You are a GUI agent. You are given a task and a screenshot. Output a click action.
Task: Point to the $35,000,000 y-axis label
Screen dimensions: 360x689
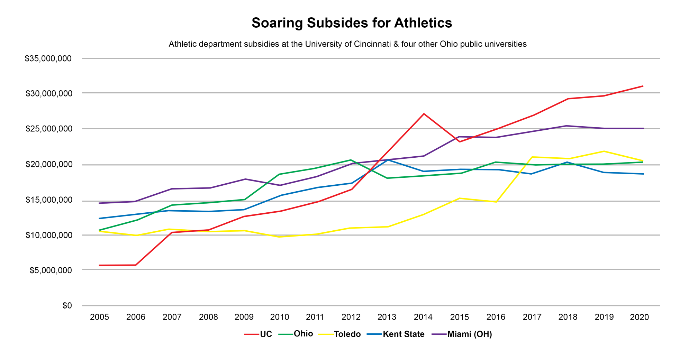click(48, 58)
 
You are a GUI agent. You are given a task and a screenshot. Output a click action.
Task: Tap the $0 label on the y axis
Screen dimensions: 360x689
click(67, 306)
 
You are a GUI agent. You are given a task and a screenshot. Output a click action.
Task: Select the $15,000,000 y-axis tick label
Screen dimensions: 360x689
click(49, 200)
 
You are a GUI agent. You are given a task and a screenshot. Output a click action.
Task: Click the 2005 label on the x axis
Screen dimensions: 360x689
click(99, 317)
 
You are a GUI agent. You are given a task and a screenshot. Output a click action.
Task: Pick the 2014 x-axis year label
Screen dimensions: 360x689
click(423, 317)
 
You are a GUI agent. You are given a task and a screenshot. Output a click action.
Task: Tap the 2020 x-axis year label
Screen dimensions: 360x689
click(639, 317)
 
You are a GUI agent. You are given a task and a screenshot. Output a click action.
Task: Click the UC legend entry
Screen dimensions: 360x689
click(266, 334)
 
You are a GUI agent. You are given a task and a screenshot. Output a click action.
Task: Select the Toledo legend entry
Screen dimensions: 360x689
click(347, 334)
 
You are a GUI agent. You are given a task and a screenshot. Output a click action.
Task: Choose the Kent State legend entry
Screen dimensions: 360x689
click(404, 334)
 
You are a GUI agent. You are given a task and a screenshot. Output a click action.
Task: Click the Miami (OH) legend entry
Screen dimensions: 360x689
click(470, 334)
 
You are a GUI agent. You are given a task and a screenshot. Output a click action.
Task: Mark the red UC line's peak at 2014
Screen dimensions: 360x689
click(424, 114)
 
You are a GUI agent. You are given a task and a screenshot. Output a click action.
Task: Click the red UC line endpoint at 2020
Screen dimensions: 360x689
click(643, 86)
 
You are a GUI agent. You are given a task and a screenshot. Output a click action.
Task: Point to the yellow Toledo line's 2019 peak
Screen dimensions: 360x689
click(604, 151)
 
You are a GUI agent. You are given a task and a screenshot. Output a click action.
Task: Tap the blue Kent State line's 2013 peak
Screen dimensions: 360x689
click(388, 160)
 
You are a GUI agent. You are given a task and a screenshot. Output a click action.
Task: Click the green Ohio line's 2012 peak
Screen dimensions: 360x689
click(351, 160)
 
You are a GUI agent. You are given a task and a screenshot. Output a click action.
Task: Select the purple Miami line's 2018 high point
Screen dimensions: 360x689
click(566, 126)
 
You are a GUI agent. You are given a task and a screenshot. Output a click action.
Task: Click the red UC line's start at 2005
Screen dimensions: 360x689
click(100, 265)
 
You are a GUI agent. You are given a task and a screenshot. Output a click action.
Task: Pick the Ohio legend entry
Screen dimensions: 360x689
click(303, 334)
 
